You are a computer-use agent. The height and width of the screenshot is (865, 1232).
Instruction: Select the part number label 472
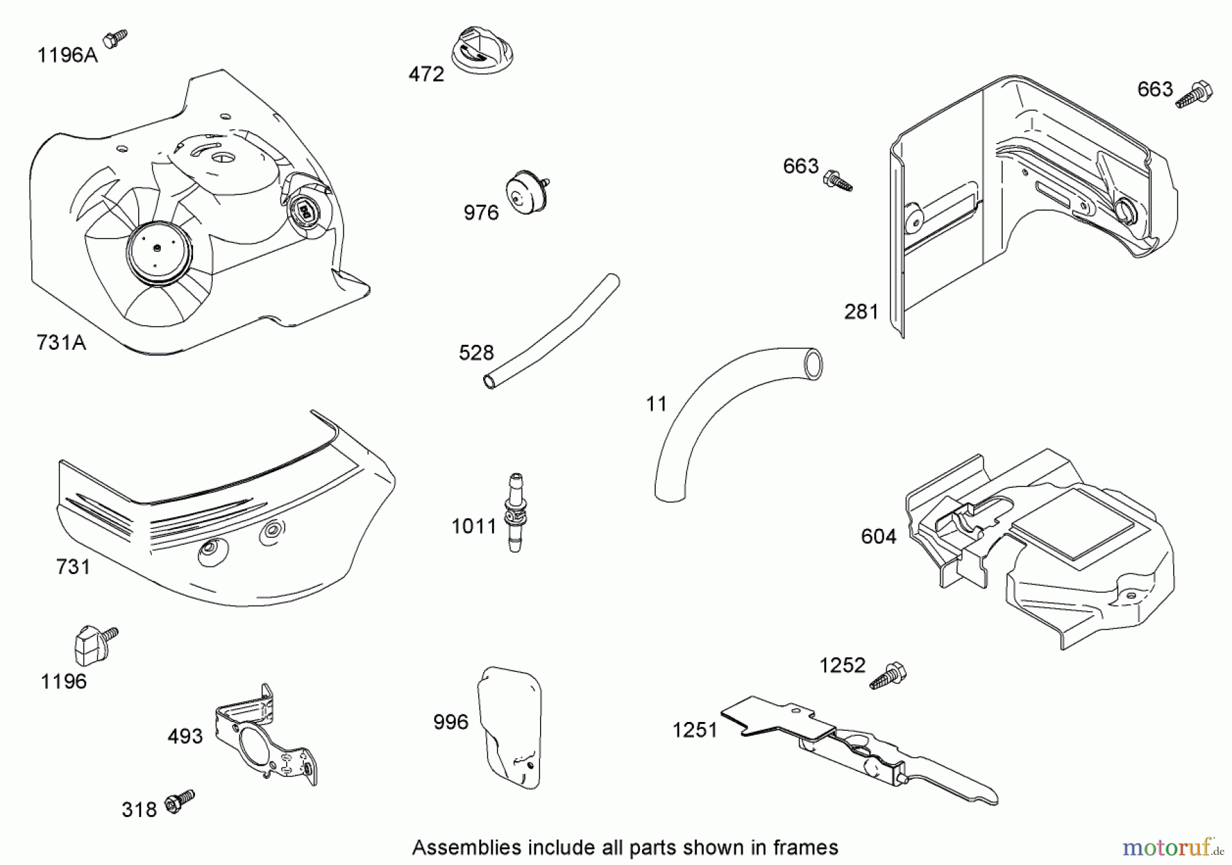pos(426,74)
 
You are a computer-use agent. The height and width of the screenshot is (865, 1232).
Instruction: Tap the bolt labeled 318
pos(179,801)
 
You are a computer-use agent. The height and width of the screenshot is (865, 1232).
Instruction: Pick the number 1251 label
pos(695,730)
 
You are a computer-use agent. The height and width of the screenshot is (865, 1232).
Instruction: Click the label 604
pos(878,537)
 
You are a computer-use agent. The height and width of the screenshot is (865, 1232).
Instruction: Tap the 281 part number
pos(861,312)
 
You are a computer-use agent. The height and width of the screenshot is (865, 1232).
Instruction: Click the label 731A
pos(61,342)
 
